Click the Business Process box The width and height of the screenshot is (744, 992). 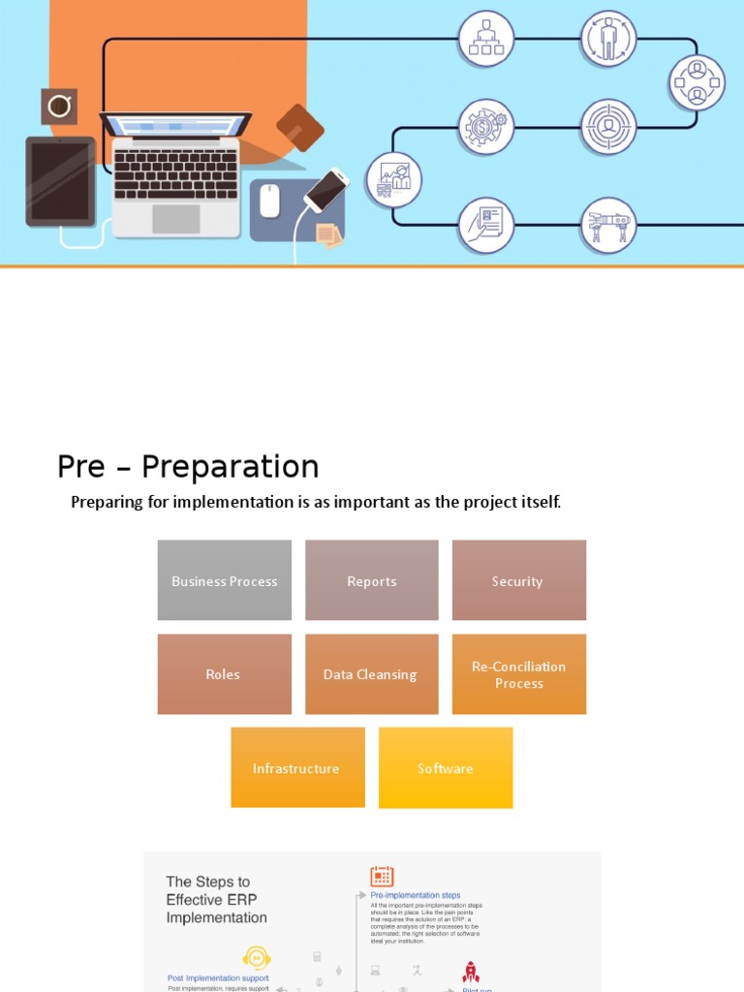click(224, 580)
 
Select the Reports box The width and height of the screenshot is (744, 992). click(372, 580)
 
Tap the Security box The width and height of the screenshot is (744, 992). click(518, 580)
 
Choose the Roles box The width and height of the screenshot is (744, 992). click(224, 674)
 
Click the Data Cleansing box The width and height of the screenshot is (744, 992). click(372, 674)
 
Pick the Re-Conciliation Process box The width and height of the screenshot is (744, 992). click(518, 674)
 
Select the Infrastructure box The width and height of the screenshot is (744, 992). click(297, 767)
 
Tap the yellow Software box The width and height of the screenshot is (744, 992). click(446, 767)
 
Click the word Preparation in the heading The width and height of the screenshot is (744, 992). click(230, 467)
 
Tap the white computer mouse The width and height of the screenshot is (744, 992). click(269, 201)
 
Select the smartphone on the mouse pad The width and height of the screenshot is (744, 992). click(326, 190)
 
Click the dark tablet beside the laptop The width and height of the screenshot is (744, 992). click(60, 181)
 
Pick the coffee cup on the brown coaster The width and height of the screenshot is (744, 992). click(59, 106)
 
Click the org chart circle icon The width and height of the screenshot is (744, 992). click(485, 39)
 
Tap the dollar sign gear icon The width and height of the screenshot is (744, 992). click(485, 127)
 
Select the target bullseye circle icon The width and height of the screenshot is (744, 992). click(608, 127)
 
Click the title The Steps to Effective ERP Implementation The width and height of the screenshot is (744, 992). click(216, 899)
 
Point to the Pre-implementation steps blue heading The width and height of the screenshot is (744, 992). click(416, 895)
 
